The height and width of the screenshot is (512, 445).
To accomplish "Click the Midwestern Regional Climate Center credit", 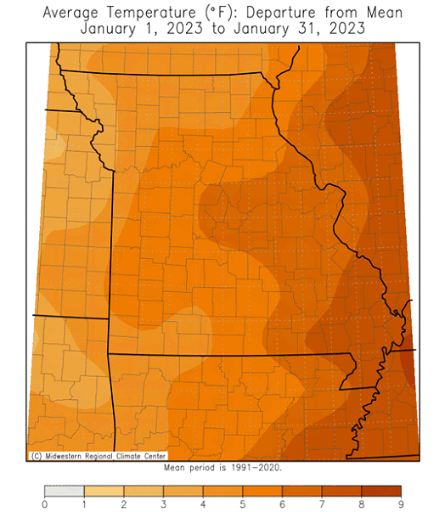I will [98, 456].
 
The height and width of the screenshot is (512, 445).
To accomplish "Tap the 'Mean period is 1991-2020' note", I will [222, 467].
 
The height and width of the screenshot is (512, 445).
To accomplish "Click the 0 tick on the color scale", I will [44, 504].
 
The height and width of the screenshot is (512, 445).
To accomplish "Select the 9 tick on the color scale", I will [402, 504].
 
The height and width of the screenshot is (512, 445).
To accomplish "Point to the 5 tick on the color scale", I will [243, 504].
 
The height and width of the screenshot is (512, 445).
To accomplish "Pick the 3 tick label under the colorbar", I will [163, 504].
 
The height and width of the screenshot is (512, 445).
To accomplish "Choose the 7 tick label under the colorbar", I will [323, 504].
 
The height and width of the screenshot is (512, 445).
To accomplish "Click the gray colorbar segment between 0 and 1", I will [64, 491].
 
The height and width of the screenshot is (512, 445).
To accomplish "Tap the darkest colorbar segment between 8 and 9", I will [382, 491].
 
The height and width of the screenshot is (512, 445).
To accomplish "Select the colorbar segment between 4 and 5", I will [223, 491].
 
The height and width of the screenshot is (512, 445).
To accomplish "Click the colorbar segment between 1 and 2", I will [104, 491].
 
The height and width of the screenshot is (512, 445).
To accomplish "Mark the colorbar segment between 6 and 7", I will [302, 491].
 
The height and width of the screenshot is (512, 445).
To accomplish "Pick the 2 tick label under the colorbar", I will [124, 504].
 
